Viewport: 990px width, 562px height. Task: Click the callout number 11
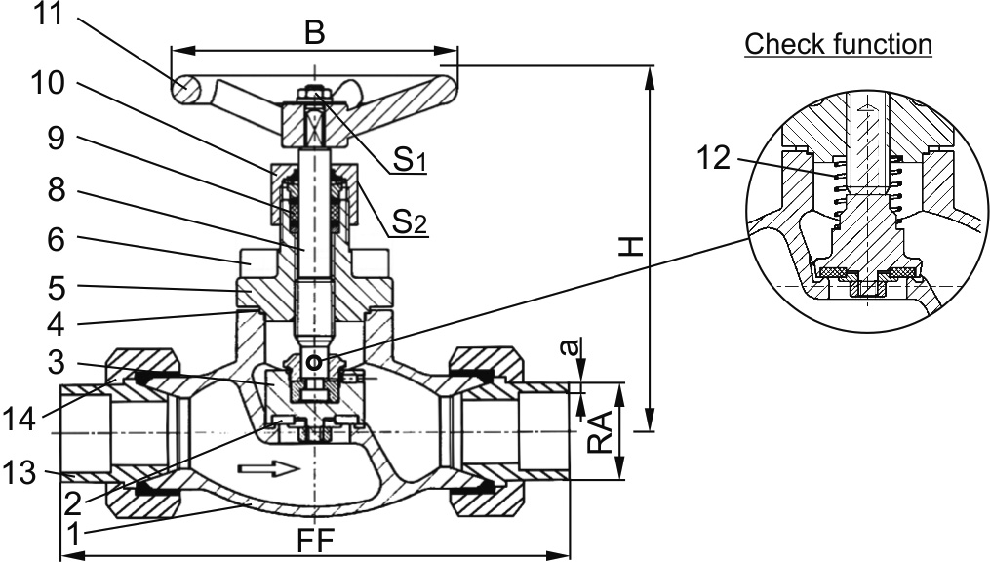pyautogui.click(x=48, y=13)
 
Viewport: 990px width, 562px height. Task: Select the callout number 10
pyautogui.click(x=48, y=83)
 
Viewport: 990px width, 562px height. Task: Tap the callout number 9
pyautogui.click(x=57, y=137)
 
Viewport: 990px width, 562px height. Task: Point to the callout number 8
pyautogui.click(x=57, y=187)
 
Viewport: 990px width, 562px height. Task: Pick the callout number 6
pyautogui.click(x=57, y=239)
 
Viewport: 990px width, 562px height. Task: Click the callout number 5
pyautogui.click(x=57, y=287)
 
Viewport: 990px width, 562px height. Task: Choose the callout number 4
pyautogui.click(x=57, y=324)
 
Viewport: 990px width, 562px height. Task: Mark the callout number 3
pyautogui.click(x=57, y=362)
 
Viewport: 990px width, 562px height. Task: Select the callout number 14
pyautogui.click(x=20, y=418)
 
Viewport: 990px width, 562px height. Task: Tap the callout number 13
pyautogui.click(x=20, y=472)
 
